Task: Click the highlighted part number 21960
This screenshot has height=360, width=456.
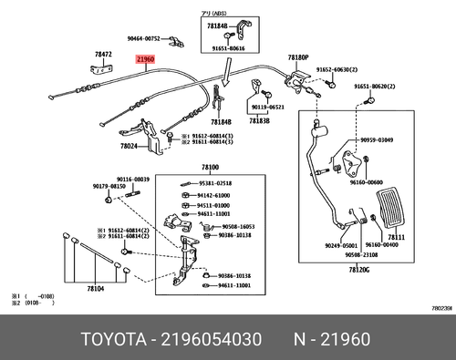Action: pyautogui.click(x=146, y=60)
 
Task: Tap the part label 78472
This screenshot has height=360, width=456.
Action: pyautogui.click(x=103, y=55)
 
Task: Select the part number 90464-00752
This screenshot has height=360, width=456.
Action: pyautogui.click(x=143, y=38)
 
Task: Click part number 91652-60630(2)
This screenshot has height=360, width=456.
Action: pyautogui.click(x=337, y=70)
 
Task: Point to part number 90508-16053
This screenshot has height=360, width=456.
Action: pyautogui.click(x=237, y=226)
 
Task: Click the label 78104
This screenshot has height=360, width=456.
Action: pyautogui.click(x=96, y=288)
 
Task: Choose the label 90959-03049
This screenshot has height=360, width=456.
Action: pyautogui.click(x=401, y=140)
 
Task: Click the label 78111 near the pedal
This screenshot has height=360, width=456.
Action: pyautogui.click(x=422, y=236)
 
